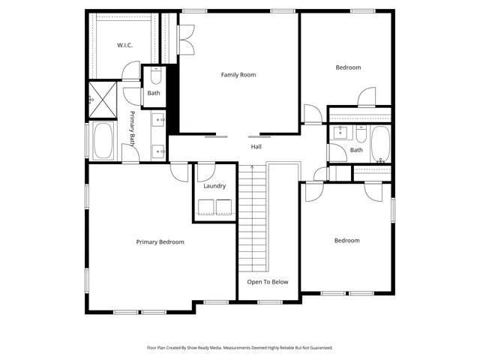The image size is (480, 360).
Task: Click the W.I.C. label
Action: pyautogui.click(x=124, y=46)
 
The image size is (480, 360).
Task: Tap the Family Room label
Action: pyautogui.click(x=238, y=75)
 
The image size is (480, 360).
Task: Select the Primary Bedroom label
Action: pyautogui.click(x=160, y=242)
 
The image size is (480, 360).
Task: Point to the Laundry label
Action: pyautogui.click(x=214, y=186)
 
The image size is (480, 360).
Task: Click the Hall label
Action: pyautogui.click(x=256, y=147)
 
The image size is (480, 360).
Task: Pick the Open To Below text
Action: pyautogui.click(x=268, y=282)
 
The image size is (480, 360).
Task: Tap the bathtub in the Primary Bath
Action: pyautogui.click(x=103, y=141)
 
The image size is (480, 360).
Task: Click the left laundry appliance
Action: pyautogui.click(x=205, y=207)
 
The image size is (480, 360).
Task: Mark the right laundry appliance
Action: pyautogui.click(x=223, y=207)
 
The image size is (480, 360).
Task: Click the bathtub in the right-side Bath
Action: pyautogui.click(x=381, y=144)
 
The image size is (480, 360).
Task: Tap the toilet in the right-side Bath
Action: pyautogui.click(x=361, y=135)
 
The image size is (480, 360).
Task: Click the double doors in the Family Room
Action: pyautogui.click(x=186, y=40)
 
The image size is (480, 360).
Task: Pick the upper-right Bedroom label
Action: pyautogui.click(x=347, y=67)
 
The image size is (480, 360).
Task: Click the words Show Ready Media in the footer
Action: pyautogui.click(x=211, y=348)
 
